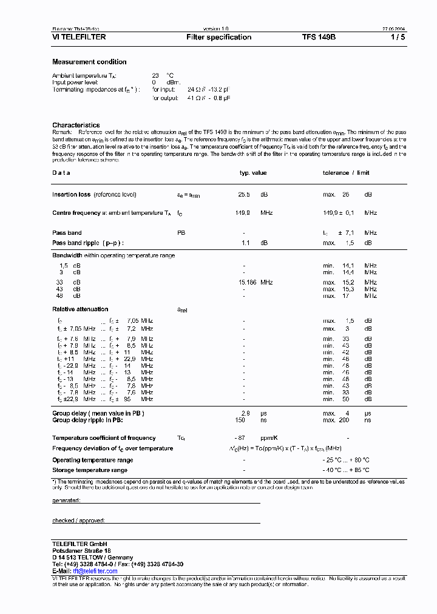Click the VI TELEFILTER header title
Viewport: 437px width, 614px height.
point(79,38)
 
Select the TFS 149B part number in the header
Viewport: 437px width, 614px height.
point(319,38)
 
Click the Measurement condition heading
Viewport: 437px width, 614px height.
point(89,62)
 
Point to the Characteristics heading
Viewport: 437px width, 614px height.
point(76,125)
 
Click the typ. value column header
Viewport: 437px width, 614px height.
point(253,173)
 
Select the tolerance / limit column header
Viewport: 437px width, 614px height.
point(345,173)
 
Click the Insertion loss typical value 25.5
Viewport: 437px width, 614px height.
point(243,195)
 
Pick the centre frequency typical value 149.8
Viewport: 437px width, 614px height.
point(243,213)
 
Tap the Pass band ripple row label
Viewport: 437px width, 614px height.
point(87,243)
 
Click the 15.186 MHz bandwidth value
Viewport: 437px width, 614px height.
point(256,282)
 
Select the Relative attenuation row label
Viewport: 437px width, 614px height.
point(80,309)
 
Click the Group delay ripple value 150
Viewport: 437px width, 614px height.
point(240,420)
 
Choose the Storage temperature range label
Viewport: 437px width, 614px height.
point(90,470)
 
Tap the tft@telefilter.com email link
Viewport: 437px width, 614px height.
point(95,572)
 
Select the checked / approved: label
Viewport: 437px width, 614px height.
point(78,521)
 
